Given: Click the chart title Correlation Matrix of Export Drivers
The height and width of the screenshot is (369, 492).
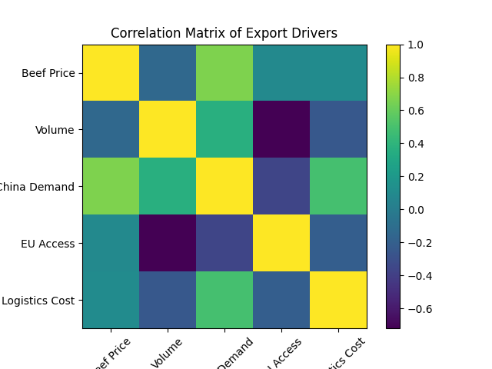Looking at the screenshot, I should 224,33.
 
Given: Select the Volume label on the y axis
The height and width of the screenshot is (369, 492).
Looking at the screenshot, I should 55,130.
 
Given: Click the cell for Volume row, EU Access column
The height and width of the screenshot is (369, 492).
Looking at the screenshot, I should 281,130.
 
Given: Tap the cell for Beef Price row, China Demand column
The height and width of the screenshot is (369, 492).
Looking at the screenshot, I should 224,73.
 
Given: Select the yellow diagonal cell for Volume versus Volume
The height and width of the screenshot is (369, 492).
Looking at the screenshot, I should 168,130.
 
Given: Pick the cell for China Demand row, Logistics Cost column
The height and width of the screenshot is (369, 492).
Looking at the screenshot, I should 338,187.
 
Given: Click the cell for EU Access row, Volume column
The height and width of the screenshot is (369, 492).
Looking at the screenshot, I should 168,244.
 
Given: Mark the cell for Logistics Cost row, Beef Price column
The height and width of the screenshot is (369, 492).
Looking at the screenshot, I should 111,301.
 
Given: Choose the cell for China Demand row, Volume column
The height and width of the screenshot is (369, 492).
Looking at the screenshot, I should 168,187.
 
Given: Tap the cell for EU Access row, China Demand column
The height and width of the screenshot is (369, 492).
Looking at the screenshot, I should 224,244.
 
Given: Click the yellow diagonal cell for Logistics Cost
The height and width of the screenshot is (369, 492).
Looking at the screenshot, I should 338,301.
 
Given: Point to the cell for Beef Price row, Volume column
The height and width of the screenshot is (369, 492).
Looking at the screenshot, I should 168,73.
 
